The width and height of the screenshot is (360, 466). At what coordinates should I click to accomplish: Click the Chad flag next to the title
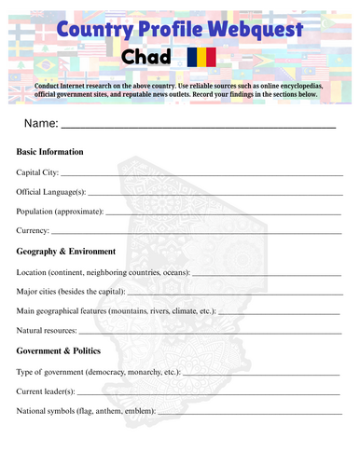click(201, 58)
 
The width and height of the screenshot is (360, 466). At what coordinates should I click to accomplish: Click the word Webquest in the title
click(253, 30)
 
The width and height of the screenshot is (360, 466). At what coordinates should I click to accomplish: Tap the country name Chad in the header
click(146, 58)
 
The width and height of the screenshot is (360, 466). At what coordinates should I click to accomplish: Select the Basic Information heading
click(50, 151)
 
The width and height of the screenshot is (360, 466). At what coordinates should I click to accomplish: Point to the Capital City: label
click(38, 172)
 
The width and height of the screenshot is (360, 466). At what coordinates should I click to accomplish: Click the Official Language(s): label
click(52, 191)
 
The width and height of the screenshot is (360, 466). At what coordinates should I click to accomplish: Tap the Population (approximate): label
click(61, 211)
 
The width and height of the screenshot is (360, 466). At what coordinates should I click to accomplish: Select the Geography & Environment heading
click(66, 251)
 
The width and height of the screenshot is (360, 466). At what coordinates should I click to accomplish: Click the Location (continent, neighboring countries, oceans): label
click(104, 272)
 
